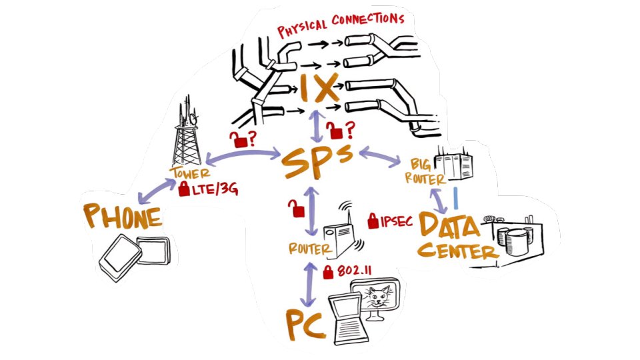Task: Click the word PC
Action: (x=305, y=325)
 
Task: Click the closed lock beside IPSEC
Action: (x=373, y=219)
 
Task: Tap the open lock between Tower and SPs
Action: (x=238, y=138)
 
